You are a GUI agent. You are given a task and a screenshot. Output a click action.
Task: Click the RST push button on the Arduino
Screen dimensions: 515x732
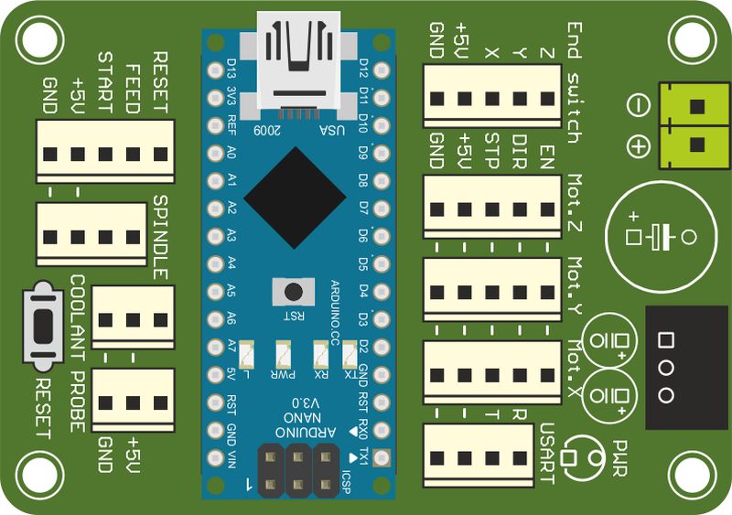click(293, 292)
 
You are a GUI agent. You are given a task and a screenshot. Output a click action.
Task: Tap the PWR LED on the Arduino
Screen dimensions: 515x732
click(282, 353)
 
